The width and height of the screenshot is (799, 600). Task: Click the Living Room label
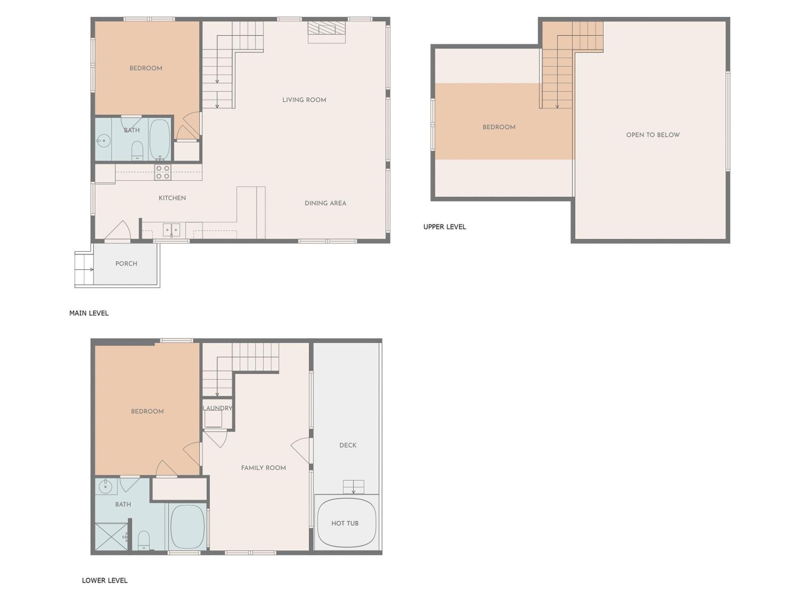(304, 100)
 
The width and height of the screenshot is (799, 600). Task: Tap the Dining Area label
(325, 203)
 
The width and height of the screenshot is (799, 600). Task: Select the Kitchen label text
(172, 198)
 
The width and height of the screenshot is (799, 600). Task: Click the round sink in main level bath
(104, 141)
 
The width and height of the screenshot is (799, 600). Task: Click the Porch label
(127, 264)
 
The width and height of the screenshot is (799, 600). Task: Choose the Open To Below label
(653, 135)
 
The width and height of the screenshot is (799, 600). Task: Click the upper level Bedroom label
(499, 127)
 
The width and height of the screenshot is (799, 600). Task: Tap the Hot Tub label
(345, 523)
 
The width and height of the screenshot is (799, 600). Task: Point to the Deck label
(348, 445)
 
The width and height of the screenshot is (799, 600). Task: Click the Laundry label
(217, 408)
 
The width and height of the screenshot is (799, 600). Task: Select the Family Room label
(263, 468)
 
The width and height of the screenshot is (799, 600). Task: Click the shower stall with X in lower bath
(111, 537)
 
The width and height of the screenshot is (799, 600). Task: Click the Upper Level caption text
(445, 227)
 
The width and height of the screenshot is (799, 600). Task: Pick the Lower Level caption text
(105, 581)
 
